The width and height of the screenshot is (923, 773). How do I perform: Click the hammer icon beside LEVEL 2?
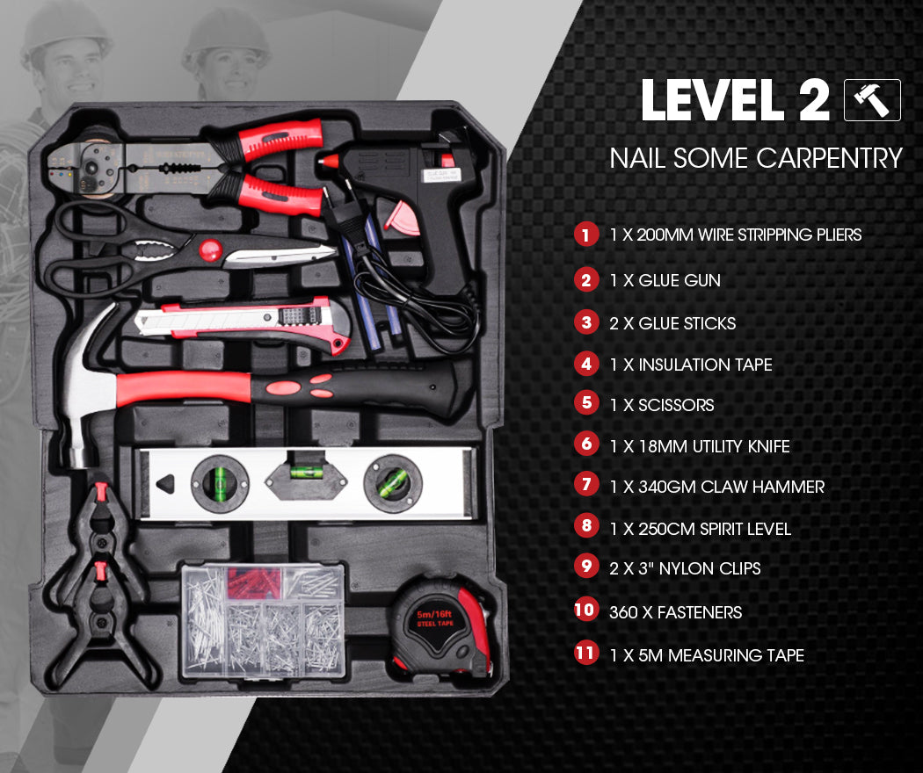coord(872,100)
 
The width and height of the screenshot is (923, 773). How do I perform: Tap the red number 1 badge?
coord(585,235)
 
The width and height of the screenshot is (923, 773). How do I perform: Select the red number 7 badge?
coord(585,486)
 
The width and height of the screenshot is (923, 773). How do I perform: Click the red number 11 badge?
coord(585,654)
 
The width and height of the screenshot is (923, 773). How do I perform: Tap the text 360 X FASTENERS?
coord(675,612)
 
